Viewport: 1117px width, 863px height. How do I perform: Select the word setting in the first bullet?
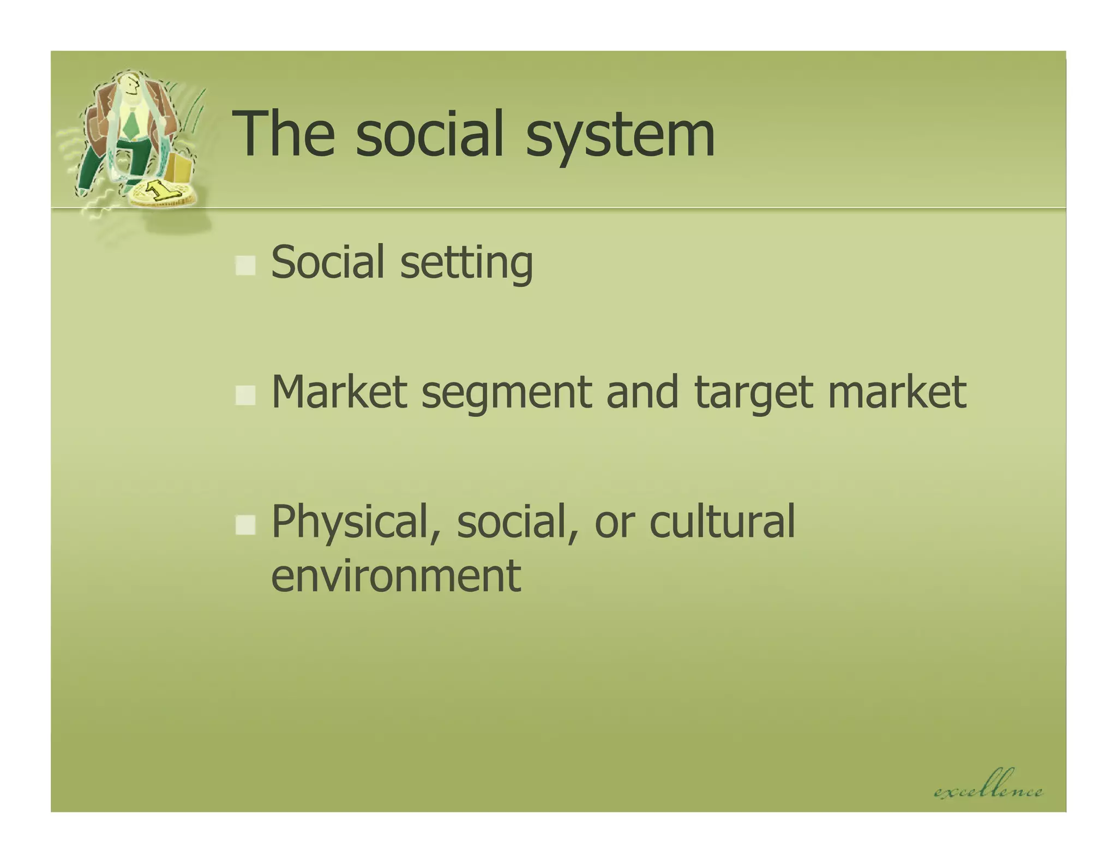[x=466, y=263]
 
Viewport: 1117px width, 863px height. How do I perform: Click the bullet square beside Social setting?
[x=245, y=266]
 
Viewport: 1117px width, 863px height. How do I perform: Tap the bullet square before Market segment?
[x=245, y=395]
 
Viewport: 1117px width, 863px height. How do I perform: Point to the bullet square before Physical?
[x=245, y=525]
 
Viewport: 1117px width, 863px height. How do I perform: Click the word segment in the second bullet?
[x=507, y=393]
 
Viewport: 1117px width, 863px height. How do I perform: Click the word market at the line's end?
[x=897, y=392]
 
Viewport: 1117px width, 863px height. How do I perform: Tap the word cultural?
[x=722, y=522]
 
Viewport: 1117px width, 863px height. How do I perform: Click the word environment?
[x=396, y=575]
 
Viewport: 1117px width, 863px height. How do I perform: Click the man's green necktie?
[x=131, y=123]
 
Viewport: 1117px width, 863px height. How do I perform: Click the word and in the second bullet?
[x=642, y=392]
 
